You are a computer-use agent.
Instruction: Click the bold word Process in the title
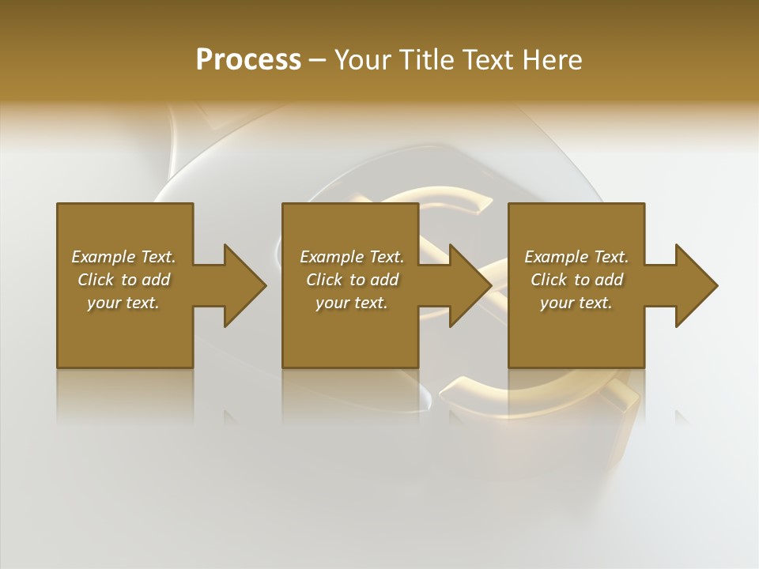tap(248, 60)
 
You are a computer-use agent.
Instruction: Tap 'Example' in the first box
tap(104, 257)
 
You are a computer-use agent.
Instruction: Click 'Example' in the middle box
tap(332, 257)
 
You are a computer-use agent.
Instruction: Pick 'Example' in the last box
tap(557, 257)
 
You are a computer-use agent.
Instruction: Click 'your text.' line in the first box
tap(123, 303)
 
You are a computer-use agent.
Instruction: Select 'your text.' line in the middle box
tap(352, 303)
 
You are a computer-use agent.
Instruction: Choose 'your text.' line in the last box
tap(576, 303)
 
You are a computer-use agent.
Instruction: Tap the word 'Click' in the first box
tap(96, 280)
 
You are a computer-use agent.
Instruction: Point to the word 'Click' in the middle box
tap(324, 280)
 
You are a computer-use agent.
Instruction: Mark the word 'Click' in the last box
tap(549, 280)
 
